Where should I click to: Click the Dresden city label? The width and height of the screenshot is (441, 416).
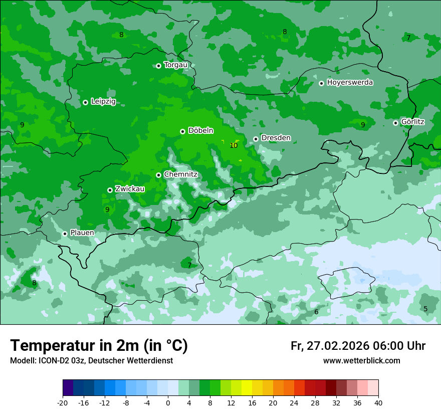(x=276, y=138)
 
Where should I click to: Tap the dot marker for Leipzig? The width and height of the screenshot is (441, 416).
(x=85, y=102)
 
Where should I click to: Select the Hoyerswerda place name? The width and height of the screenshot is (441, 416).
(x=350, y=82)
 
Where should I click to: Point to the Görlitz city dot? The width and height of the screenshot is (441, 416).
(x=395, y=123)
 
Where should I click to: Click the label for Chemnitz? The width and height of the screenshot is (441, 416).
(x=180, y=174)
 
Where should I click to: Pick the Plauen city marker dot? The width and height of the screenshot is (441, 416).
(x=65, y=234)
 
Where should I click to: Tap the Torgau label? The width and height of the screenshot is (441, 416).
(x=175, y=65)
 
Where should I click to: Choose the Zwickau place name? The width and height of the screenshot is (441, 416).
(x=130, y=189)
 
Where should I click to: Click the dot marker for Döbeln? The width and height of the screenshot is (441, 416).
(x=182, y=131)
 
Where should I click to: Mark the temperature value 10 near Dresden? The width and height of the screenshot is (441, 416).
(x=234, y=146)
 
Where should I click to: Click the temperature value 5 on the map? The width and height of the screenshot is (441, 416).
(x=425, y=309)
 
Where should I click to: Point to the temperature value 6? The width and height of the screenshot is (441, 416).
(x=316, y=312)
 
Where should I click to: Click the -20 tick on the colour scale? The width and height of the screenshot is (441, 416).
(x=63, y=402)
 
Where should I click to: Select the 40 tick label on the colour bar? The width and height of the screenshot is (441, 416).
(x=378, y=402)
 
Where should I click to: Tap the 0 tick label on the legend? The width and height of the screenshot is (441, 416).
(x=168, y=402)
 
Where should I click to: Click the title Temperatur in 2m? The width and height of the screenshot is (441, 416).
(x=99, y=345)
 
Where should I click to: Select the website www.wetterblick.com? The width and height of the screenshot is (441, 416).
(x=361, y=360)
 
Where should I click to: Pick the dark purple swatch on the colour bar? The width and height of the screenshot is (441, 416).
(x=68, y=388)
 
